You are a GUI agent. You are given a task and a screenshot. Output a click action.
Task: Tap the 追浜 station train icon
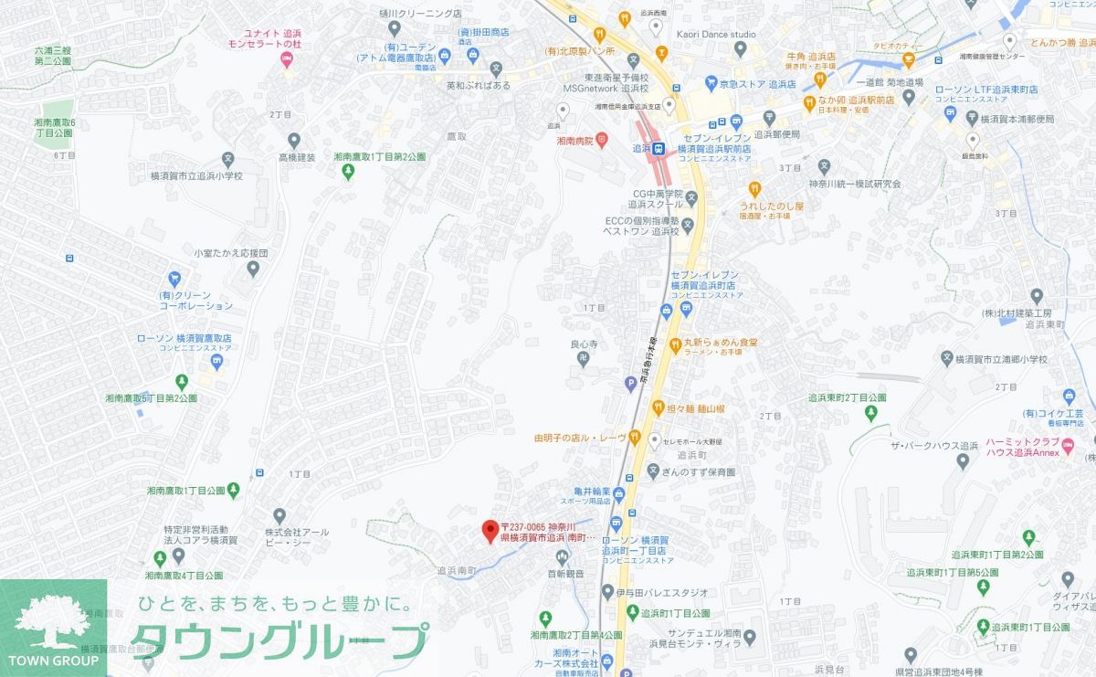(x=659, y=147)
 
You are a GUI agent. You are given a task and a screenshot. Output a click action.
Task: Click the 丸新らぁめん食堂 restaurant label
(x=722, y=344)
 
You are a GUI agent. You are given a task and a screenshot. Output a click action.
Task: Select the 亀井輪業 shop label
(x=586, y=491)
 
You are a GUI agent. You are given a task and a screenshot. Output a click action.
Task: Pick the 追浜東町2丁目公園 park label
(x=847, y=397)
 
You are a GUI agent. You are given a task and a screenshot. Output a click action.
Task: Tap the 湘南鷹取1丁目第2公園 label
(x=379, y=157)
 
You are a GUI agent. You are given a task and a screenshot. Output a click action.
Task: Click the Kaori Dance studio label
(x=717, y=35)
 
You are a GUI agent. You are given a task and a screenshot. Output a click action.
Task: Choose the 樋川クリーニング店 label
(x=419, y=14)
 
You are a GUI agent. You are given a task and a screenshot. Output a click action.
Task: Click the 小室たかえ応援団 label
(x=230, y=252)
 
